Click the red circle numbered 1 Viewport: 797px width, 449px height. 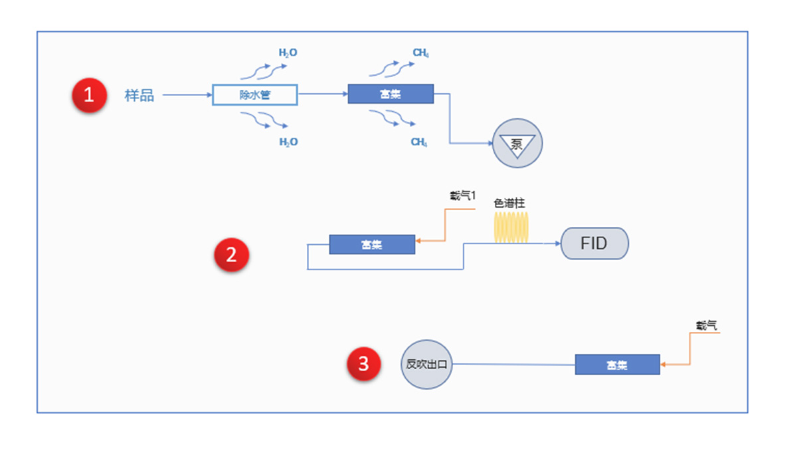pos(90,95)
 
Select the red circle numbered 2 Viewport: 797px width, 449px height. pos(231,255)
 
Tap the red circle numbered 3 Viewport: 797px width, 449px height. pos(364,364)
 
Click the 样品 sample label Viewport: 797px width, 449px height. pos(139,95)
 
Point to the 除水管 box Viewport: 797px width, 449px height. pos(255,95)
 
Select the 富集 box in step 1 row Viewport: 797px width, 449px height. pos(391,94)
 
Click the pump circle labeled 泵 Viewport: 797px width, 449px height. pos(517,143)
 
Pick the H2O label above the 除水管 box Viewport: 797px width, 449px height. pos(288,53)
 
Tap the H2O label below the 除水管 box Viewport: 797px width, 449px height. pos(288,142)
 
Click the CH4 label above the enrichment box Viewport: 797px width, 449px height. pos(420,53)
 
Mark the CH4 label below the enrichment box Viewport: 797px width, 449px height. pos(419,142)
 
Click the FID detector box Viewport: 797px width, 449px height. pos(594,243)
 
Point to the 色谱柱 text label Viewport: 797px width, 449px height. pos(509,203)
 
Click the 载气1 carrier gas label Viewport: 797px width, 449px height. pos(462,196)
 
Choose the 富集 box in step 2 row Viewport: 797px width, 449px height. pos(372,244)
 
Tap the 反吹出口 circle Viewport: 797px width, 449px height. pos(426,364)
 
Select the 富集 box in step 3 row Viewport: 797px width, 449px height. pos(617,365)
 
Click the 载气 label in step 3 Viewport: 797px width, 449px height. pos(707,325)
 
